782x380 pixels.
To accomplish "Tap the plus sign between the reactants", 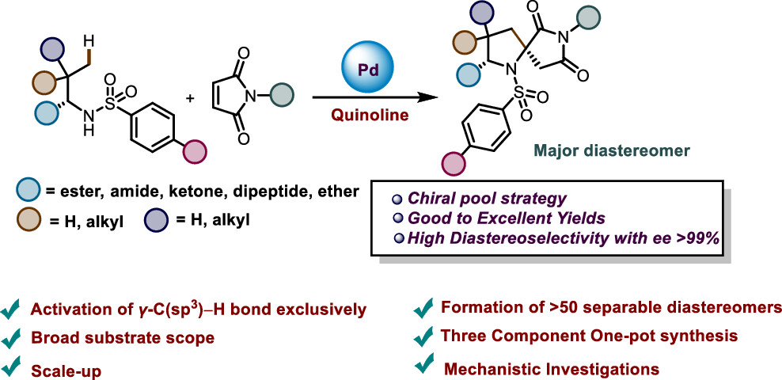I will [x=189, y=98].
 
